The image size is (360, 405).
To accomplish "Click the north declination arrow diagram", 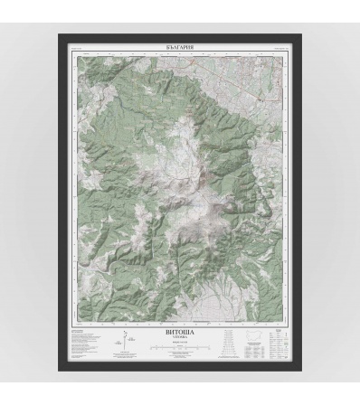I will pos(122,341).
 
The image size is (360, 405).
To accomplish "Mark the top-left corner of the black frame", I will pos(60,35).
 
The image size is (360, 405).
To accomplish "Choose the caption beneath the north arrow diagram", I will pos(122,355).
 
